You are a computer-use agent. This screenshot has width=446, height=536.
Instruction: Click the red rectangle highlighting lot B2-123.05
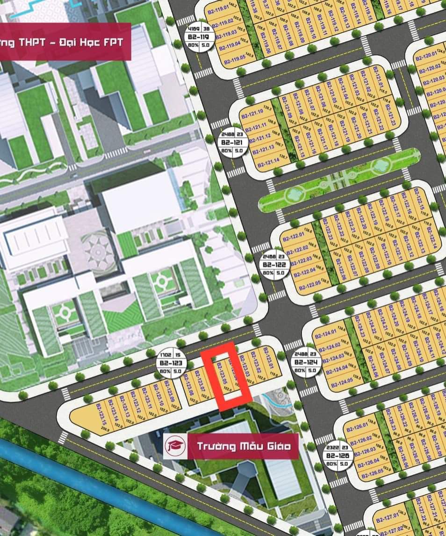227,377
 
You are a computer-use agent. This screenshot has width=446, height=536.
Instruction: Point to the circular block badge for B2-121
232,141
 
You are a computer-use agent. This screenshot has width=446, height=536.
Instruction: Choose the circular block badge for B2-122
273,265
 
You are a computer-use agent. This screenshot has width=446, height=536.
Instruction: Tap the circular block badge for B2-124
306,361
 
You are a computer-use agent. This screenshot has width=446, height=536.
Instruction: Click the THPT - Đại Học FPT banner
65,42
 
